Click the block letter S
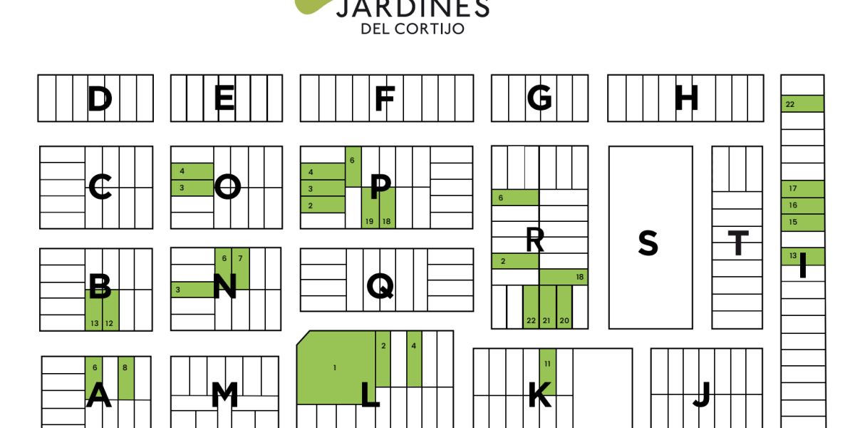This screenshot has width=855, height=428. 648,244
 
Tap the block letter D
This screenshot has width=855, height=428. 100,98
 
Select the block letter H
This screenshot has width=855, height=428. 686,98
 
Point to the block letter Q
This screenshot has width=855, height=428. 380,286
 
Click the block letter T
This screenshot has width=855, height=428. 738,244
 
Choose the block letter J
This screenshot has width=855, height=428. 703,394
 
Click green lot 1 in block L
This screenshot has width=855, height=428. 336,368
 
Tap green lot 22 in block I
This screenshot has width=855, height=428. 802,104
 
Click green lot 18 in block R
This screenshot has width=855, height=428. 564,277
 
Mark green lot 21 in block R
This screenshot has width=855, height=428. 546,307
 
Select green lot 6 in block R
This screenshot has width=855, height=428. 514,198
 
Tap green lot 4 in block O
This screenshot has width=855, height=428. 192,171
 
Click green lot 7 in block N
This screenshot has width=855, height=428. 241,267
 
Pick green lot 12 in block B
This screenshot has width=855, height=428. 110,311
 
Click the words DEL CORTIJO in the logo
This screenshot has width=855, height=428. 413,29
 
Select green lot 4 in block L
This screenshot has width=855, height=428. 414,358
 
